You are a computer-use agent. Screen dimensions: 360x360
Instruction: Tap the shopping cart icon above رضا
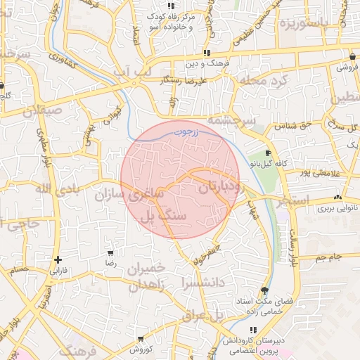click(x=110, y=252)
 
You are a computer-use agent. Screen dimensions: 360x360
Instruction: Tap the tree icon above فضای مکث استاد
click(x=264, y=290)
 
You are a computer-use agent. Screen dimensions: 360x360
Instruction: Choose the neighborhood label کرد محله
click(x=264, y=82)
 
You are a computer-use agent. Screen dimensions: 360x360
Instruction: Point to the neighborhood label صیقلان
click(x=41, y=111)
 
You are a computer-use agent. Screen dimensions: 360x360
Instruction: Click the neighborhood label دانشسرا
click(x=202, y=282)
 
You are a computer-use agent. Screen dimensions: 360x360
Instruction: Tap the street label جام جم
click(x=328, y=257)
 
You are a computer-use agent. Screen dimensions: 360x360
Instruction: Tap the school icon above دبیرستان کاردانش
click(x=252, y=329)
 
